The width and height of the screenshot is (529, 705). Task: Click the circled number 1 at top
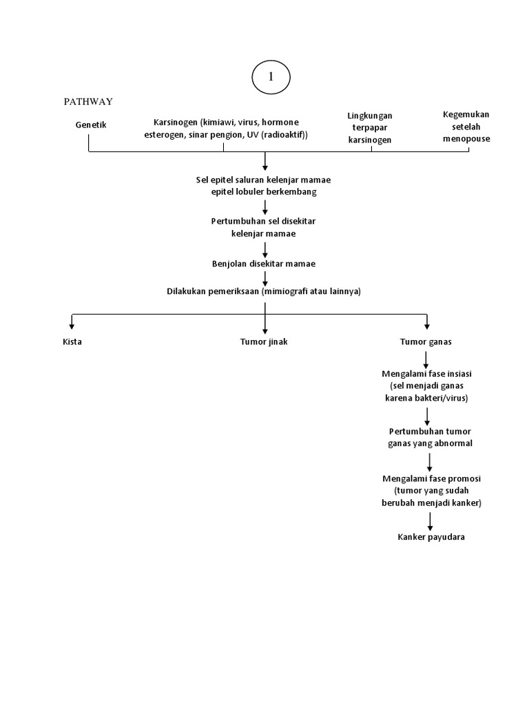pos(271,78)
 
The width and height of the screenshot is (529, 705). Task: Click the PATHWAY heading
pos(88,101)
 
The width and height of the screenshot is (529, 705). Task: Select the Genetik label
pos(91,125)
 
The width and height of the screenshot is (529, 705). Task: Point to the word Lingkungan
pos(370,116)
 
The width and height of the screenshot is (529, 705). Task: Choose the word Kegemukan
pos(466,114)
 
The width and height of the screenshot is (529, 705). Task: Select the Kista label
pos(72,341)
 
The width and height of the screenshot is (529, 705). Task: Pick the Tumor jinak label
pos(264,341)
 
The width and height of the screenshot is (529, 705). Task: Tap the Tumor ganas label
pos(426,341)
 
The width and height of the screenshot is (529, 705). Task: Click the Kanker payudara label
pos(431,537)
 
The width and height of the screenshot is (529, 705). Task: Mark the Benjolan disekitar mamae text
pos(264,263)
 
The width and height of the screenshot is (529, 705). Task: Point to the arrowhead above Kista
pos(72,326)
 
